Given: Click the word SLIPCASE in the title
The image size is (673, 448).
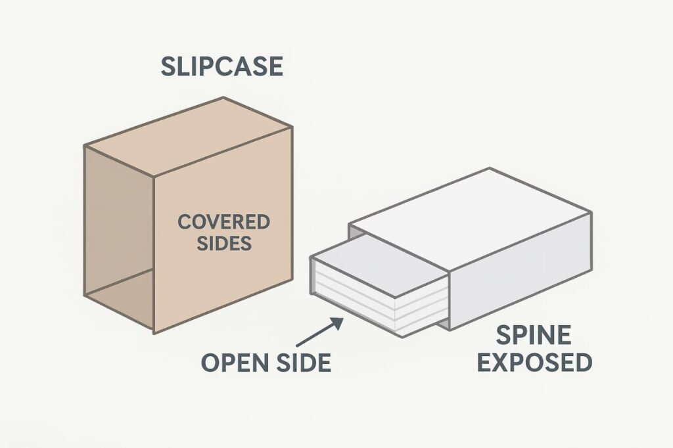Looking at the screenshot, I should point(222,67).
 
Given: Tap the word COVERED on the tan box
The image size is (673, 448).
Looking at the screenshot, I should point(223,222).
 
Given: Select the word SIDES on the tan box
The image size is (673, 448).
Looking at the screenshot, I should point(223,243).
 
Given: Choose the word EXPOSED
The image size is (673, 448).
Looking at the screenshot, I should point(534,362).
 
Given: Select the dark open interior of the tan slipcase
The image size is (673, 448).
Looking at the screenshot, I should point(118,230).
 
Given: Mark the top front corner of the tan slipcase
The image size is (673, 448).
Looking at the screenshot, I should point(153,176).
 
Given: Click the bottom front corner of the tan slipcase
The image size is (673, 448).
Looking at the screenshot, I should point(154,333).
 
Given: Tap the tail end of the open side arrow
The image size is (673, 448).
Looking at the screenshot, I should point(297,346).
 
